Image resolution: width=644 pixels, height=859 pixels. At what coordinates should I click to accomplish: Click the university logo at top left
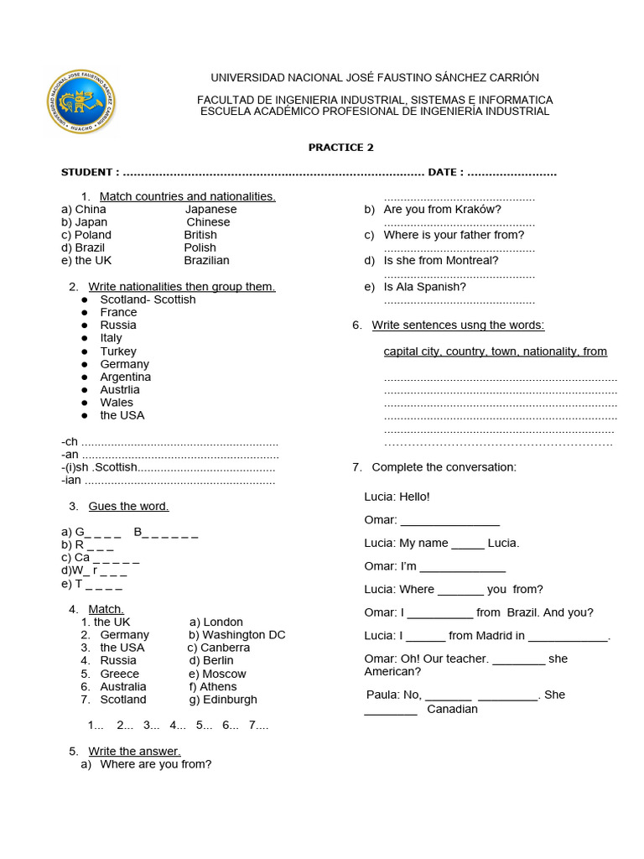(81, 102)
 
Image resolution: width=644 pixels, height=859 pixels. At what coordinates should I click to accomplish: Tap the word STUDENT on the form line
(88, 173)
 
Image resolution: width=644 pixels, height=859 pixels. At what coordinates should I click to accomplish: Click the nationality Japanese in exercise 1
(211, 210)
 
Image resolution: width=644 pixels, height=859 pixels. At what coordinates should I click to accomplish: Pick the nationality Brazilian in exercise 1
(207, 261)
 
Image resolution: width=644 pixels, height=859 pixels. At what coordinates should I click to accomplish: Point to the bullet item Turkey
(118, 351)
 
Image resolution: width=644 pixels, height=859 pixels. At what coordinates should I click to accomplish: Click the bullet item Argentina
(126, 377)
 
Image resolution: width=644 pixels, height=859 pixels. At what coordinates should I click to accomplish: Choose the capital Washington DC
(244, 635)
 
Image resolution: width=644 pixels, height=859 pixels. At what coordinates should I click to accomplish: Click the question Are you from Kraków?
(442, 210)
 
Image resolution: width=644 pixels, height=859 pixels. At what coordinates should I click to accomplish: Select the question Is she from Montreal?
(441, 261)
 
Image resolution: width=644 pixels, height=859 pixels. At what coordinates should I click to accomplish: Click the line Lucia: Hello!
(397, 497)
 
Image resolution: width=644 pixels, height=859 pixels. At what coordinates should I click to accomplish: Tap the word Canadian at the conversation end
(452, 710)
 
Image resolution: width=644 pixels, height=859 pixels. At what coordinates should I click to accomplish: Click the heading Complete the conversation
(444, 467)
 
